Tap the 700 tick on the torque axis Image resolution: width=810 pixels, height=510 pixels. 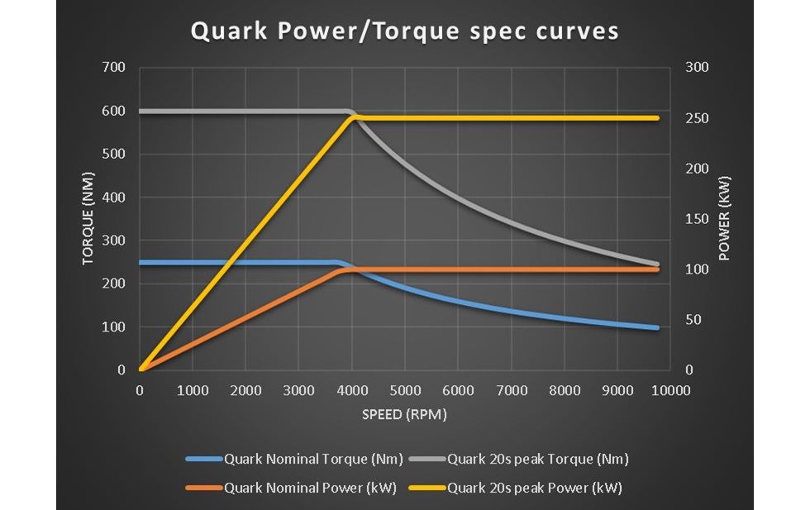[114, 68]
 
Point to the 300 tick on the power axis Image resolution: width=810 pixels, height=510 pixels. [698, 68]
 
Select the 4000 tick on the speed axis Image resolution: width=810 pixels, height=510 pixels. [352, 390]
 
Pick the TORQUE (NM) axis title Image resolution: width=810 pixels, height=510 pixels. [88, 218]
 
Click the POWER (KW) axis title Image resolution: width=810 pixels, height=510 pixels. [725, 218]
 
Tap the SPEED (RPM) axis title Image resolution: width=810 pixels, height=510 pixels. [404, 414]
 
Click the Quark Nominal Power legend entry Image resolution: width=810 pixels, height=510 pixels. [311, 488]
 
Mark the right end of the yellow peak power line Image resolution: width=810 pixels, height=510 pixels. [658, 118]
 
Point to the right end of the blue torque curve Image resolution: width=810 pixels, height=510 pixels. [658, 328]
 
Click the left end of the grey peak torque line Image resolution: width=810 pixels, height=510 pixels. [141, 112]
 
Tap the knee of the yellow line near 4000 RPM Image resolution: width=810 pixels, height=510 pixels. [354, 118]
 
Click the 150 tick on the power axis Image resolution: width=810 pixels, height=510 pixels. [698, 219]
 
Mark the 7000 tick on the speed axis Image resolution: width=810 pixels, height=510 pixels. [512, 390]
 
